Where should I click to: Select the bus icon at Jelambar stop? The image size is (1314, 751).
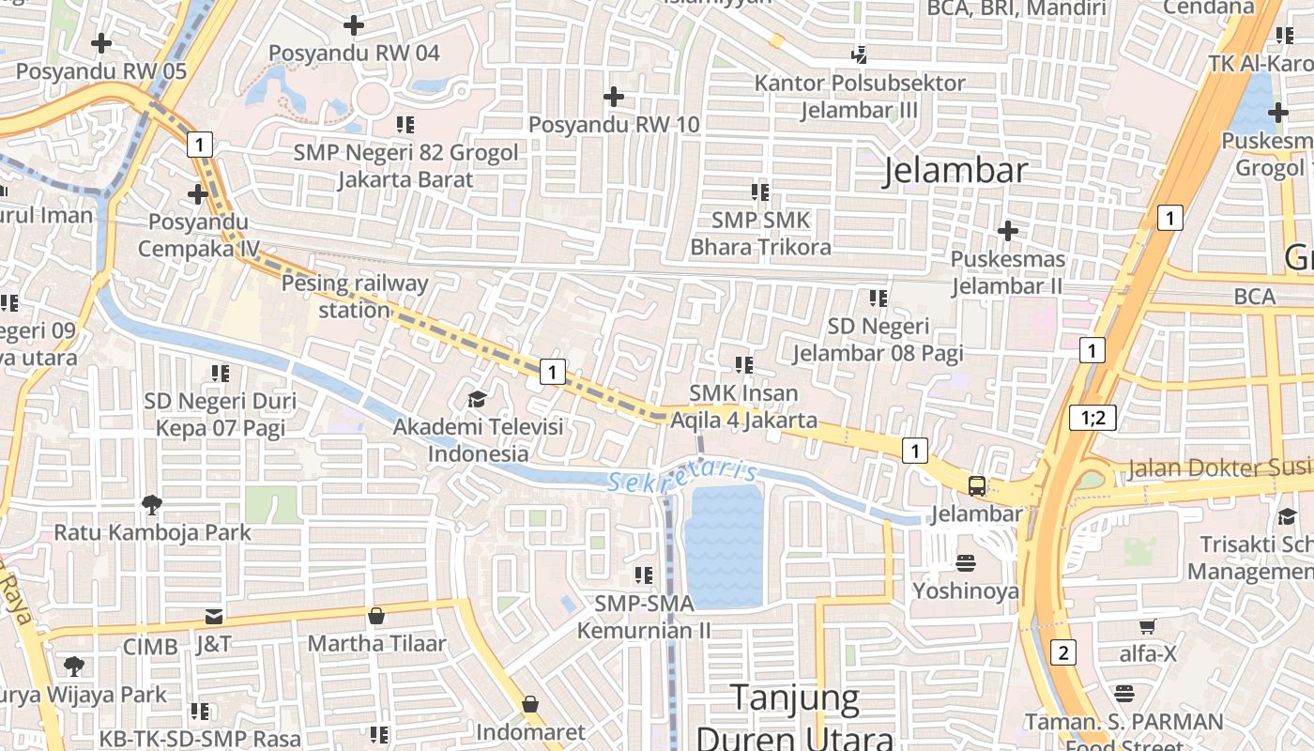coord(977,486)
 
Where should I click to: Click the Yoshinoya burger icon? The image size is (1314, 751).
coord(966,563)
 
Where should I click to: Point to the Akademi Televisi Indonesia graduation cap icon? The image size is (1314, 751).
coord(478,400)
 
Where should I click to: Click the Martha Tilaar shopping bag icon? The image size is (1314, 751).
coord(376,616)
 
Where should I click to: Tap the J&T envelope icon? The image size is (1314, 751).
coord(214,617)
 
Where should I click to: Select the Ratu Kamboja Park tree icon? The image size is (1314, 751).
coord(152,505)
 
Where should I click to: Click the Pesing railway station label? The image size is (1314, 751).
coord(355,296)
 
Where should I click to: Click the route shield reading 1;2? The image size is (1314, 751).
coord(1092,418)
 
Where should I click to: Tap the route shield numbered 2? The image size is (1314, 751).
coord(1062,651)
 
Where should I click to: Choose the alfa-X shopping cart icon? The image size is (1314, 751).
coord(1147,626)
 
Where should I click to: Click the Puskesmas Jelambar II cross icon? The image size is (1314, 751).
coord(1007,230)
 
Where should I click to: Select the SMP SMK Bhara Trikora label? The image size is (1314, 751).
coord(760,234)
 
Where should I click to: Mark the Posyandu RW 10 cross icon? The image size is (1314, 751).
coord(613,96)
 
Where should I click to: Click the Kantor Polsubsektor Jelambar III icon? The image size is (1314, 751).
coord(859,54)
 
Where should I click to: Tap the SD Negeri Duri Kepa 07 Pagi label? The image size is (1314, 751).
coord(220,414)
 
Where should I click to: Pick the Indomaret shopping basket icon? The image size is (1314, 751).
coord(530,704)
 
